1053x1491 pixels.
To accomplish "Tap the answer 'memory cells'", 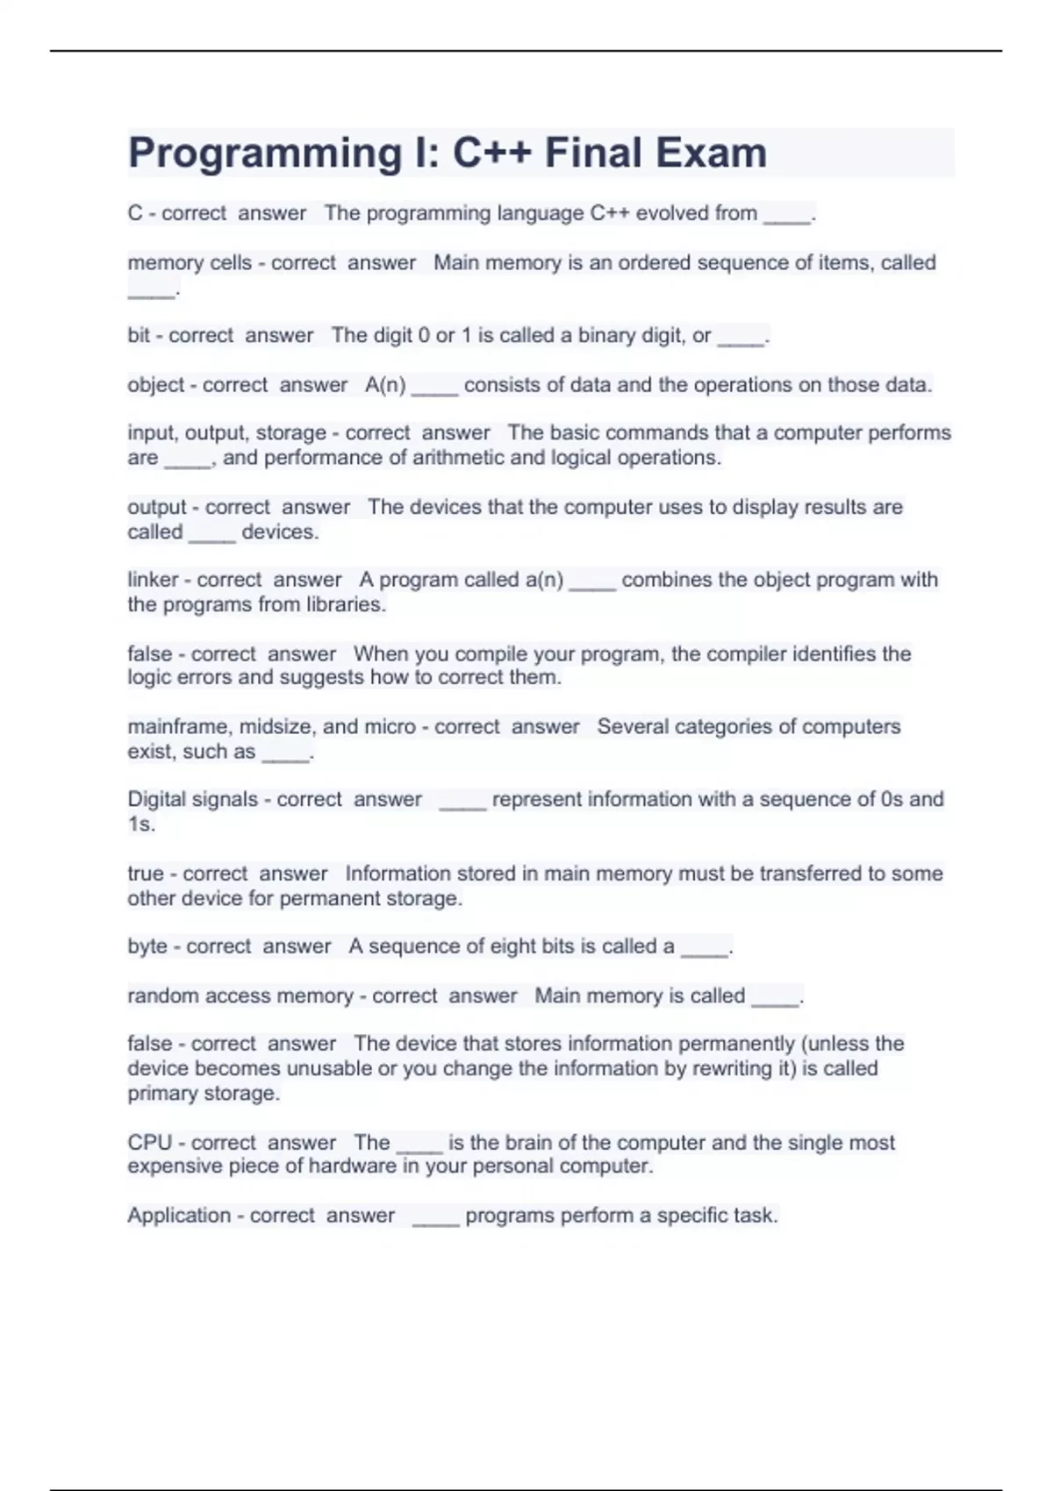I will [x=189, y=262].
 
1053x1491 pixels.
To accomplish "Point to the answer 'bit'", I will [x=139, y=335].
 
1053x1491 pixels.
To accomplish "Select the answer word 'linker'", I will [x=153, y=580].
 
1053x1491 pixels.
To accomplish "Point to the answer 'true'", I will [x=146, y=874].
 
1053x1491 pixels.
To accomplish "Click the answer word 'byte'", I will [x=147, y=946].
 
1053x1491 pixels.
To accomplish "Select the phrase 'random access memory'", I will [x=240, y=996].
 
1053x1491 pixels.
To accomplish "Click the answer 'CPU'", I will [x=150, y=1143].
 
